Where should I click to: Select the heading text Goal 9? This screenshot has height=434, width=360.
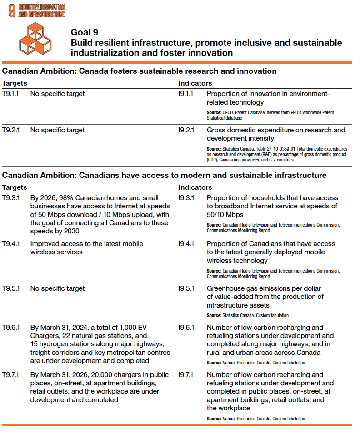point(85,32)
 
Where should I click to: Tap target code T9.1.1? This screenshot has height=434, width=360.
point(11,94)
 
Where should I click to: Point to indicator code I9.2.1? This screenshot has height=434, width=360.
point(186,130)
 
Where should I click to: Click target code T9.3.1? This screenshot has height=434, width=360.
point(11,198)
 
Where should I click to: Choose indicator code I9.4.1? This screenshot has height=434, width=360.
point(186,243)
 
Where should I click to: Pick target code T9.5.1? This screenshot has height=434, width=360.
point(11,288)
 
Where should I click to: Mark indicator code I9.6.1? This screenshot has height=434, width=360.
point(186,328)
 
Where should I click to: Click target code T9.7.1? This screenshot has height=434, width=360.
point(11,375)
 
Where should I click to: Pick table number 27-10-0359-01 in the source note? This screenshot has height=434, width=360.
point(276,149)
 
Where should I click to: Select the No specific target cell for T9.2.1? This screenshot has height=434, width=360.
point(57,130)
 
